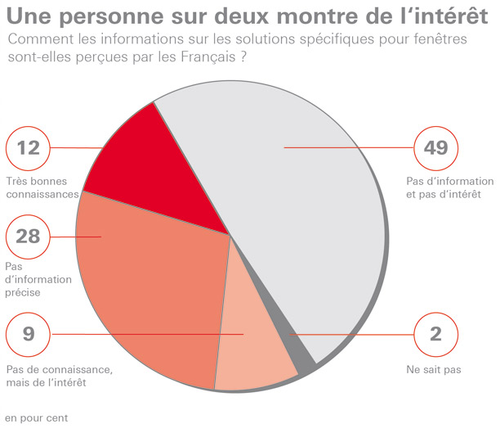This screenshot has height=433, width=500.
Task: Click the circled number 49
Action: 435,148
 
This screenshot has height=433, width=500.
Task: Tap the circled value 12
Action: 27,148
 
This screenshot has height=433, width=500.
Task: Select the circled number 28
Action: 27,237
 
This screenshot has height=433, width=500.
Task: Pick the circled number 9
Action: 27,334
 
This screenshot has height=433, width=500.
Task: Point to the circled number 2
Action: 435,334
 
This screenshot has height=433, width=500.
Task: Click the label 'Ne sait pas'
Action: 434,370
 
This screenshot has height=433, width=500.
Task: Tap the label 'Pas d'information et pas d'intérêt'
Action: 449,187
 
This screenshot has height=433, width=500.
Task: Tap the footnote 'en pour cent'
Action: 36,417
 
